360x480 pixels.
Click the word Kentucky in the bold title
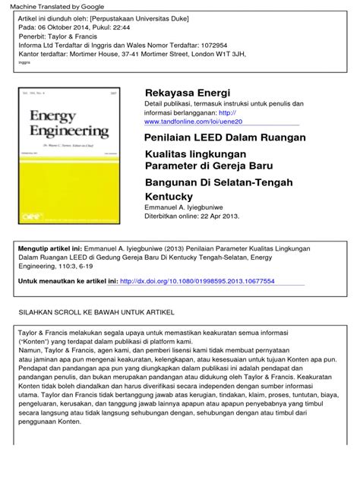click(x=171, y=196)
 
